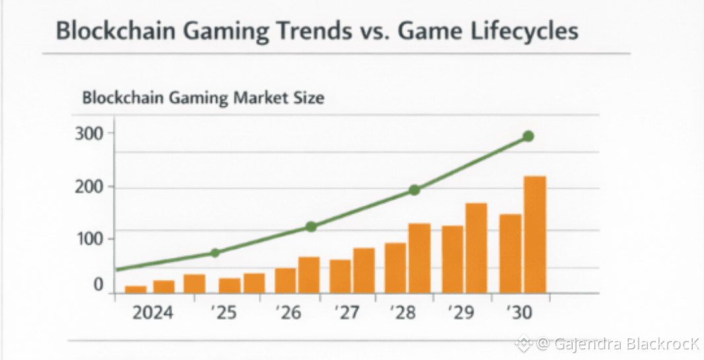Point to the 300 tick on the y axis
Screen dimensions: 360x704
[90, 134]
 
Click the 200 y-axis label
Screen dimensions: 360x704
[90, 187]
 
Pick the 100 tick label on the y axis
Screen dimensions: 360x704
[90, 239]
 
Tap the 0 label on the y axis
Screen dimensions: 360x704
[98, 285]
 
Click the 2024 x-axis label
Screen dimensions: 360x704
[152, 312]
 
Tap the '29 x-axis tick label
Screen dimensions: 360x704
[461, 312]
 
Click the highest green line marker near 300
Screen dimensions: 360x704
[528, 136]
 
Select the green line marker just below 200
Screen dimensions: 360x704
[414, 190]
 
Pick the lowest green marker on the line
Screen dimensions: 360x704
[214, 253]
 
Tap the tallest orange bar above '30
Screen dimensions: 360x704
[534, 234]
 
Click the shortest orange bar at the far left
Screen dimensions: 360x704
[135, 289]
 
